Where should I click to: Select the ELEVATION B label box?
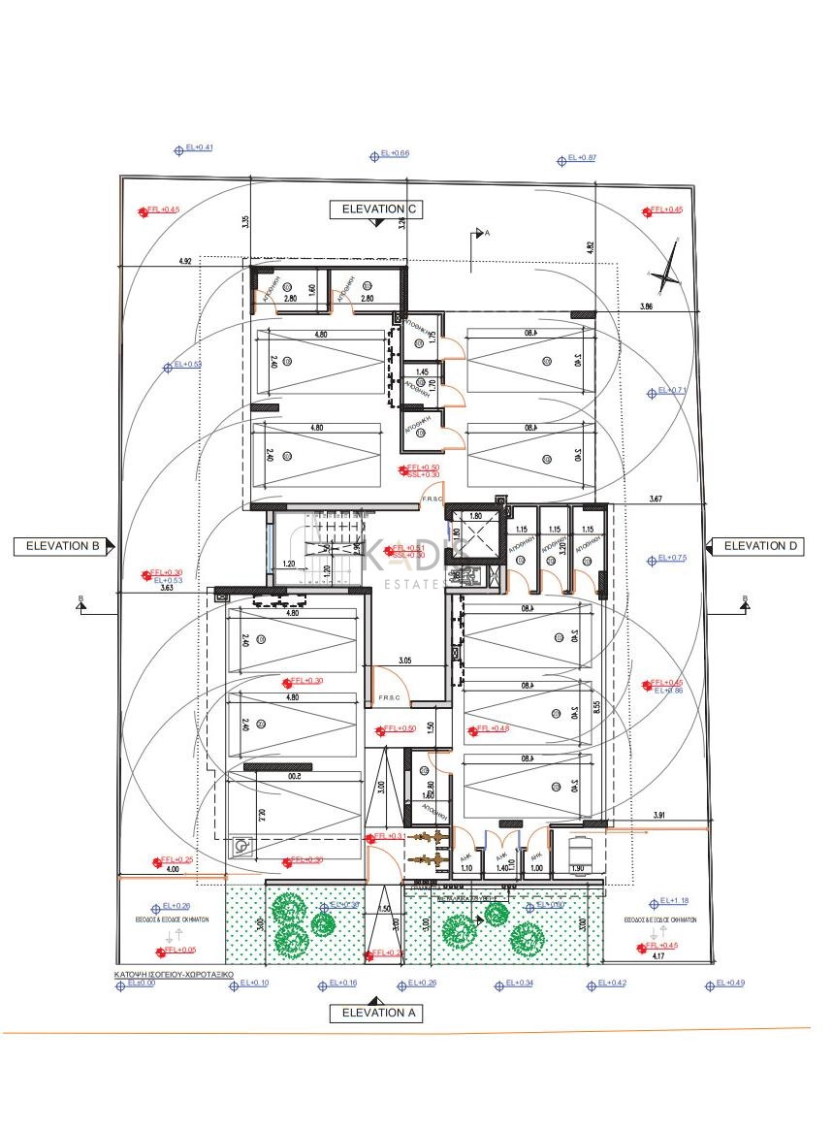[65, 546]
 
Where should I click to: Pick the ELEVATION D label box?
[760, 546]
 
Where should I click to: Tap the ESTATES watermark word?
[415, 583]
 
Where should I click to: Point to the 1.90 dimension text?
[577, 868]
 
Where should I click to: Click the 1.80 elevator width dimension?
[475, 516]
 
